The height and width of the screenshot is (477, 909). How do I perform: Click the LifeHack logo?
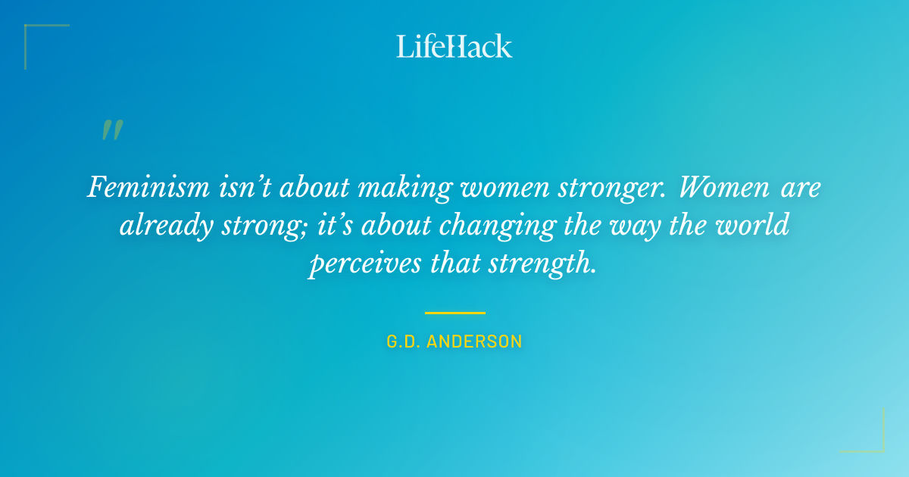click(x=454, y=46)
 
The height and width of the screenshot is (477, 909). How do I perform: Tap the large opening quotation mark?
click(x=111, y=130)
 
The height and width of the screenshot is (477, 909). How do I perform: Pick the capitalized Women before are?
click(x=721, y=186)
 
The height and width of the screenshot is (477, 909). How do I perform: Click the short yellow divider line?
click(x=454, y=312)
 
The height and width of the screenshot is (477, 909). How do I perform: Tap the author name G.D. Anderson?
click(x=454, y=341)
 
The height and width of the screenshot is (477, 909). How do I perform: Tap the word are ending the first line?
click(x=798, y=188)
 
